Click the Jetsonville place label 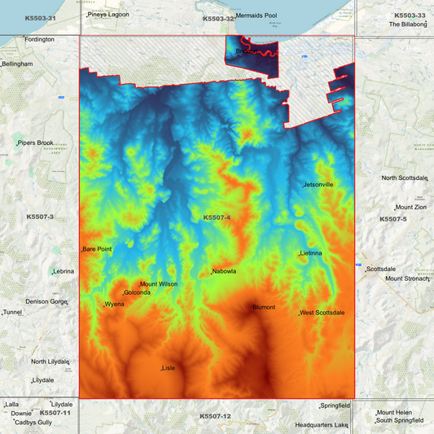click(x=318, y=185)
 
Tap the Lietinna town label click(x=311, y=253)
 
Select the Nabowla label click(x=224, y=271)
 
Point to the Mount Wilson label click(x=159, y=284)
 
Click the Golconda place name click(x=137, y=293)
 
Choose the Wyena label click(x=113, y=305)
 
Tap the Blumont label click(x=264, y=308)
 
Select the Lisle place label click(x=169, y=368)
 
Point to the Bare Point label click(x=97, y=249)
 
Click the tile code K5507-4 click(x=217, y=217)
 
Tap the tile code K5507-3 click(x=40, y=217)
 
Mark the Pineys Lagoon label click(x=108, y=15)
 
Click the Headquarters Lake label click(x=322, y=425)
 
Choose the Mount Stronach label click(x=406, y=278)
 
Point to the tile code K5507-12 click(x=216, y=416)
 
